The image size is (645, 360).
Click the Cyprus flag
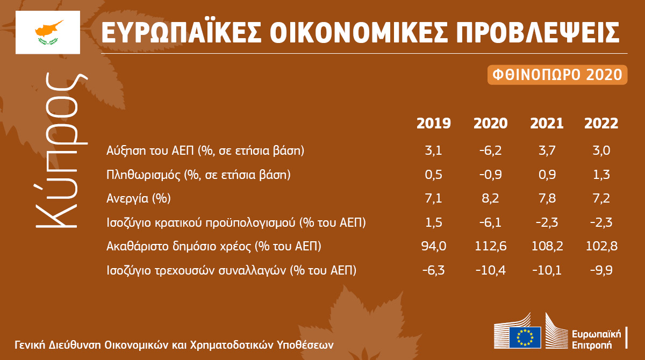pyautogui.click(x=48, y=32)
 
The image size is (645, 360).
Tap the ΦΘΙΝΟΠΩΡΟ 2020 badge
pyautogui.click(x=557, y=75)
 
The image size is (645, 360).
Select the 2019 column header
pyautogui.click(x=434, y=124)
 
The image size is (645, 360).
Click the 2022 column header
pyautogui.click(x=601, y=124)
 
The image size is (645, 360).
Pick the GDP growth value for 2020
pyautogui.click(x=490, y=150)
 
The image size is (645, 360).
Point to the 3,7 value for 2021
pyautogui.click(x=547, y=150)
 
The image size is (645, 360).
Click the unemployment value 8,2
pyautogui.click(x=490, y=198)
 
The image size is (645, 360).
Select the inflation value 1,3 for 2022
pyautogui.click(x=601, y=175)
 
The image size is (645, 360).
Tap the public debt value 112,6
pyautogui.click(x=490, y=246)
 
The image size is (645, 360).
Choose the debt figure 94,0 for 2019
pyautogui.click(x=434, y=246)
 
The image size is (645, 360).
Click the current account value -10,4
pyautogui.click(x=490, y=270)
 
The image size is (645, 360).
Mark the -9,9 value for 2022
pyautogui.click(x=601, y=270)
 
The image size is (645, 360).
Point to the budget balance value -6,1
pyautogui.click(x=490, y=222)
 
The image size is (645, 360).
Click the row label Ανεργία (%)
pyautogui.click(x=139, y=199)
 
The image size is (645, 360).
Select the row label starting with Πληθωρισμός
pyautogui.click(x=198, y=175)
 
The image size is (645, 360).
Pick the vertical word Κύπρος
pyautogui.click(x=62, y=149)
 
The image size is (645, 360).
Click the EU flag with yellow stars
pyautogui.click(x=525, y=337)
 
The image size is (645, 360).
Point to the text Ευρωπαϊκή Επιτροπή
pyautogui.click(x=596, y=340)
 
